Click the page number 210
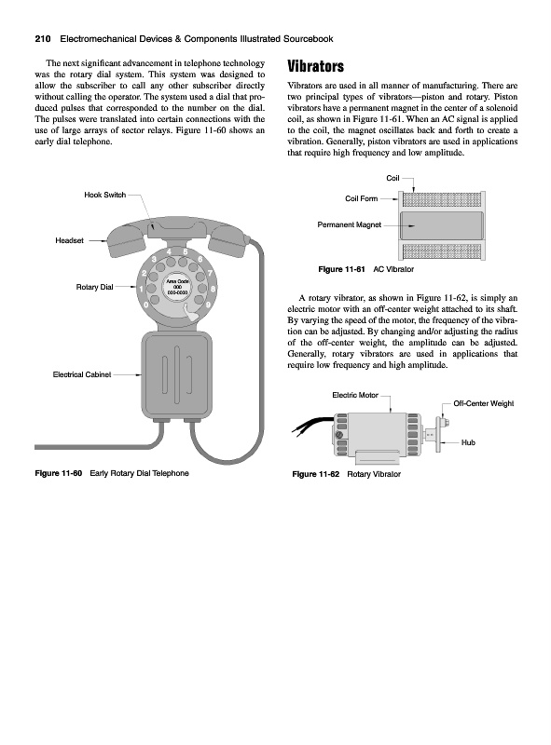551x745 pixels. tap(43, 39)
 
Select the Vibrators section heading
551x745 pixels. tap(315, 66)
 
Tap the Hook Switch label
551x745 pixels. tap(105, 195)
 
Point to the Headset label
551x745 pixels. tap(70, 240)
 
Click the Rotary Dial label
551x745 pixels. tap(95, 287)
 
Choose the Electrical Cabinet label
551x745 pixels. tap(82, 374)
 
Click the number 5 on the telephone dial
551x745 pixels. tap(186, 251)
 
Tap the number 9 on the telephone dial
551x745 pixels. tap(208, 305)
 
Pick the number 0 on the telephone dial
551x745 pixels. tap(145, 305)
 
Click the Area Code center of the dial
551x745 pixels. tap(177, 287)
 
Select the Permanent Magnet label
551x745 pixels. tap(350, 224)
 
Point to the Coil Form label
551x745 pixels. tap(361, 198)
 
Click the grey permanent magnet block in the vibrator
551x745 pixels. tap(442, 225)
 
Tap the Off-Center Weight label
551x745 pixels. tap(484, 403)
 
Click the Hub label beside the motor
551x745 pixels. tap(468, 442)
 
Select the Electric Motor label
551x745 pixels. tap(355, 395)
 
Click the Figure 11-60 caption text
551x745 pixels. tap(112, 473)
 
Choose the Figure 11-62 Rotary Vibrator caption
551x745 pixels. tap(347, 474)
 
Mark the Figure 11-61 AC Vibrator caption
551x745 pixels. tap(365, 269)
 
